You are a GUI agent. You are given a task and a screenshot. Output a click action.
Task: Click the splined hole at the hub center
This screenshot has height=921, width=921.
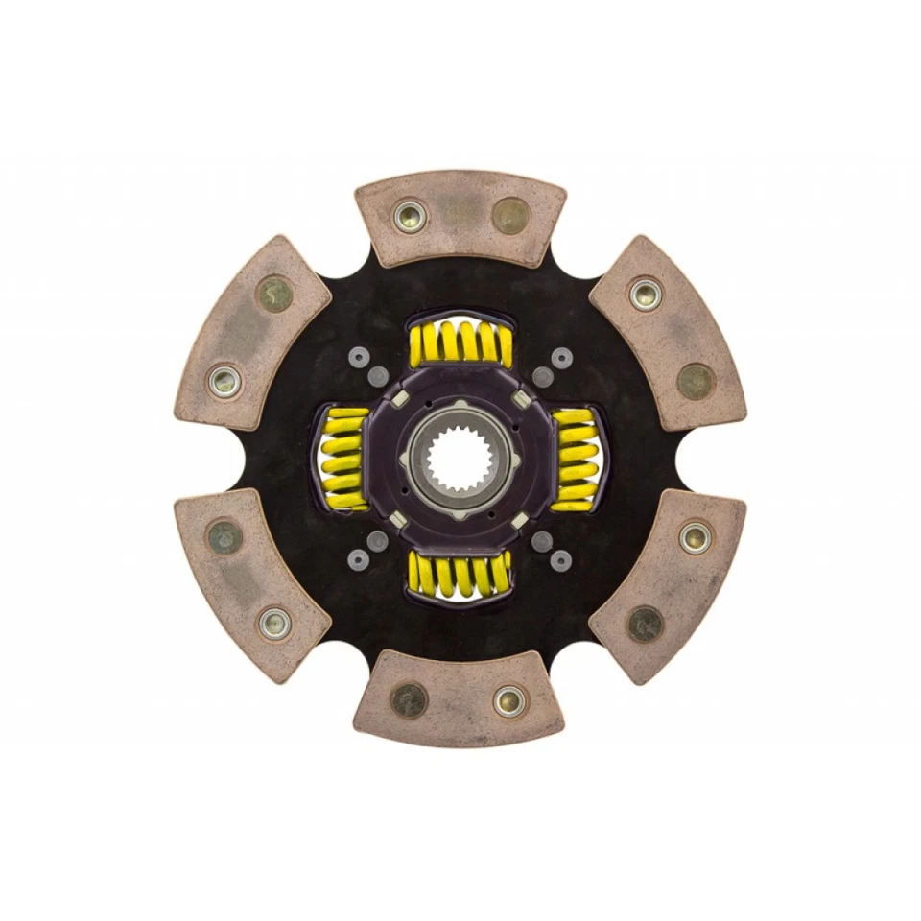pos(460,459)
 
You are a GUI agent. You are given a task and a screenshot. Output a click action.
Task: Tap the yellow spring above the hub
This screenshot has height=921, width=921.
pos(460,342)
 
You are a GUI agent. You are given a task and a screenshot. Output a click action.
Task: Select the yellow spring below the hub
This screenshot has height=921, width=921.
pos(459,574)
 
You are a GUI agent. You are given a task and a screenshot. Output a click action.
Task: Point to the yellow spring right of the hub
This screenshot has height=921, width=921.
pos(576,458)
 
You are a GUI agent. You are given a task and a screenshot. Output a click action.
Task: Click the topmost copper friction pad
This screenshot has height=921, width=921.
pos(460,218)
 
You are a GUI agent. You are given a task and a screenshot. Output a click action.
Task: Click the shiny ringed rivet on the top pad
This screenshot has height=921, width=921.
pos(410,215)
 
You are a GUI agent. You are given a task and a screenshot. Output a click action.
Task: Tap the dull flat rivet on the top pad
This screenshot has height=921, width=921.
pos(509,215)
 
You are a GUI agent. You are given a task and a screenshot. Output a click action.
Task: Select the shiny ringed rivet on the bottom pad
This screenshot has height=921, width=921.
pos(509,699)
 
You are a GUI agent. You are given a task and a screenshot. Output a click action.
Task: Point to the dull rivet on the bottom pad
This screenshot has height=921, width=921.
pos(410,700)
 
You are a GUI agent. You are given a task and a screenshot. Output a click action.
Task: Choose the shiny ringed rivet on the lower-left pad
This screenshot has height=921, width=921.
pos(275,624)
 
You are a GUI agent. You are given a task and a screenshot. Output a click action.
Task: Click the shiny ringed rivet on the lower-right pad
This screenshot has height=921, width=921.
pos(693,537)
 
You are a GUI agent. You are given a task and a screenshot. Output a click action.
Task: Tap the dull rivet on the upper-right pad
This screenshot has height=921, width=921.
pos(696,381)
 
